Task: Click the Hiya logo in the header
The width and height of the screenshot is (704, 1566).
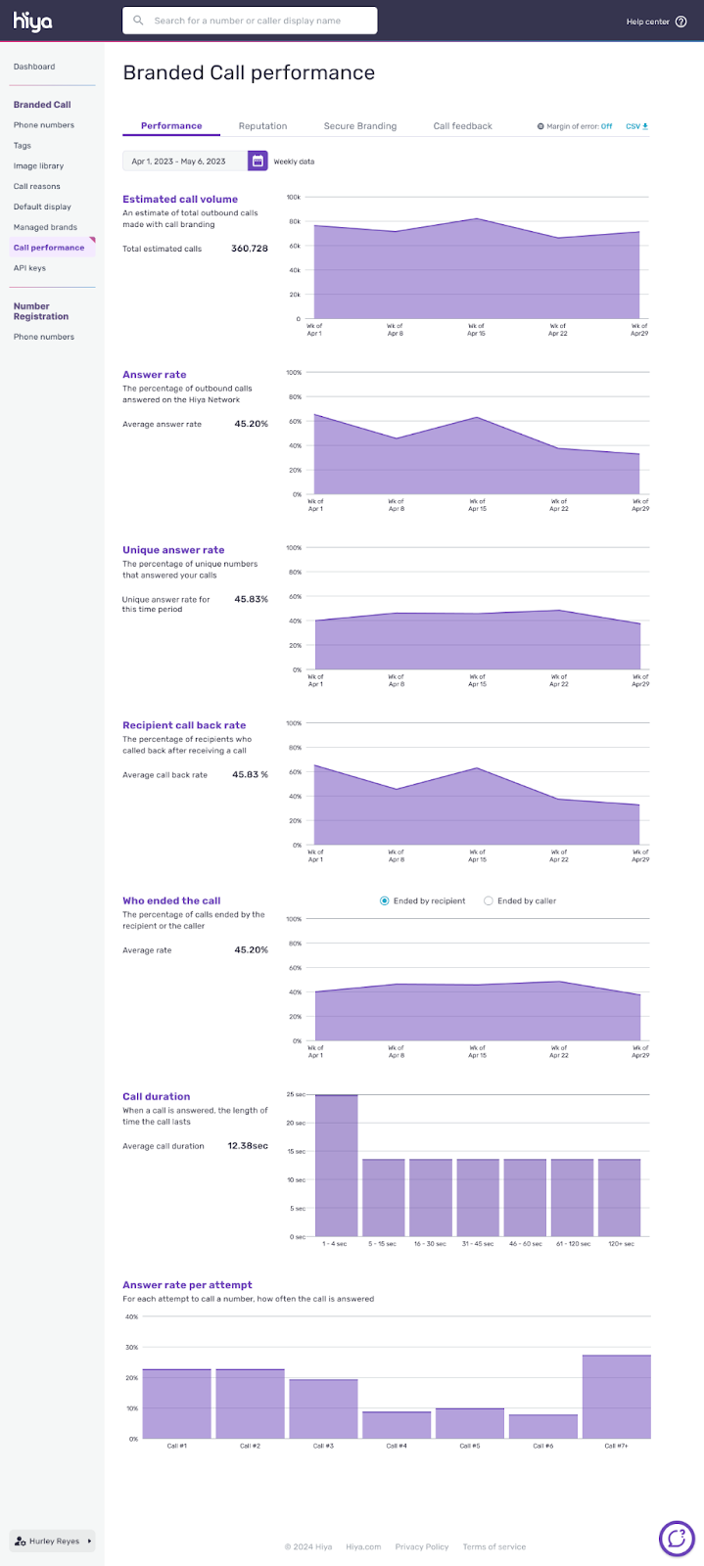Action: pos(32,21)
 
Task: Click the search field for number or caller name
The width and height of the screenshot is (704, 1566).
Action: pos(250,21)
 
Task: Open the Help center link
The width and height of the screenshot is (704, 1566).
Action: pos(656,22)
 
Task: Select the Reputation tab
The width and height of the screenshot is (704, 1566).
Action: pos(262,126)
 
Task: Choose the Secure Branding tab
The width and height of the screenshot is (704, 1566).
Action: pos(360,126)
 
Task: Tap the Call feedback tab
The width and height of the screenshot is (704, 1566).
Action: pos(462,126)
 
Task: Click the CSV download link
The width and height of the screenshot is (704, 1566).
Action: pos(636,126)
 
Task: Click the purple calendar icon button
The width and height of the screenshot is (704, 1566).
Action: pos(258,161)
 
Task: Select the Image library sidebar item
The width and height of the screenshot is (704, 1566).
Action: pos(38,166)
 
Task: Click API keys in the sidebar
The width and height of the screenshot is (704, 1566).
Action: pos(29,268)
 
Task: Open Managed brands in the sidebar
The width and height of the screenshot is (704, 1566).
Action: pos(45,227)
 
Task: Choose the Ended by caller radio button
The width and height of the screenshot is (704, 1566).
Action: pos(489,900)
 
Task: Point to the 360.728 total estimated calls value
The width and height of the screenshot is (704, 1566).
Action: pos(249,249)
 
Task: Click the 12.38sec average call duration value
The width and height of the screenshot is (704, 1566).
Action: pos(248,1145)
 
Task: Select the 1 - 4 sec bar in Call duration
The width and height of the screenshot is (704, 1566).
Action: pos(336,1165)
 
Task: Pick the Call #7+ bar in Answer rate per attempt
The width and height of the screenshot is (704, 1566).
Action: pos(616,1397)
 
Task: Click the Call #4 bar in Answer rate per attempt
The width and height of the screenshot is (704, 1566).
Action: pos(396,1424)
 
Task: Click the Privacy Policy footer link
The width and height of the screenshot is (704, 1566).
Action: pos(421,1546)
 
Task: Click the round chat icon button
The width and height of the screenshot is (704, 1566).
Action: pos(676,1539)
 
